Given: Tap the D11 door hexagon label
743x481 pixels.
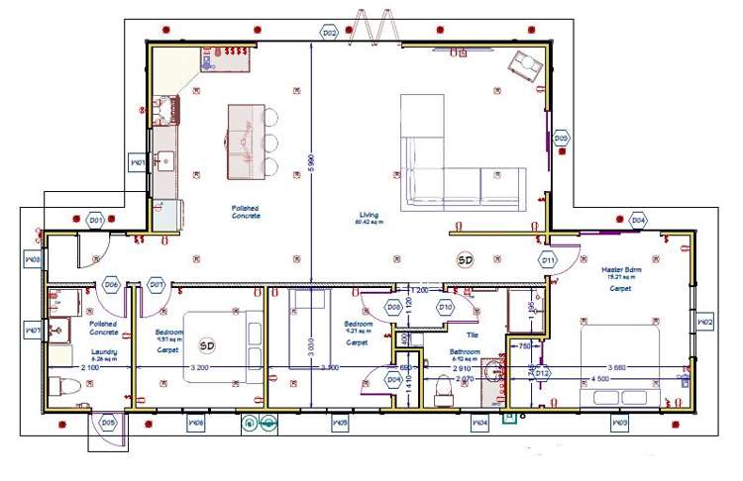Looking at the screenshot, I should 548,260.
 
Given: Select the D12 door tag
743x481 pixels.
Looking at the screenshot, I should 541,373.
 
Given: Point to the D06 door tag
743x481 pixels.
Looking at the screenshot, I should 112,285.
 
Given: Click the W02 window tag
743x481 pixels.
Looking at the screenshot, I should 705,322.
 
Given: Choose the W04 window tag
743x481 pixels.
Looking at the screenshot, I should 479,424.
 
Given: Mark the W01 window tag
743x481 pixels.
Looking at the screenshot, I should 138,162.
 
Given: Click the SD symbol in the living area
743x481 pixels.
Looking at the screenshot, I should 465,259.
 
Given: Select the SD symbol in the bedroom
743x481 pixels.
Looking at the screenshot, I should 207,345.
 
